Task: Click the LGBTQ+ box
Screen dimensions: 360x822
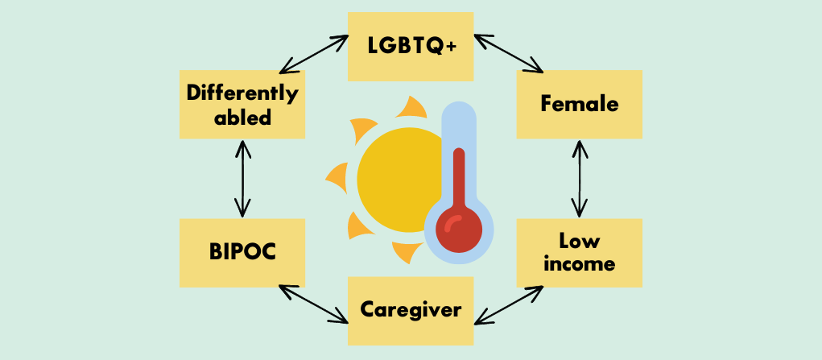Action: point(411,46)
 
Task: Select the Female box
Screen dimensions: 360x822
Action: point(579,104)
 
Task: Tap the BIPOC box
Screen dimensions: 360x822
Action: point(242,251)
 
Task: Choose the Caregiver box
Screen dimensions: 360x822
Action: point(411,310)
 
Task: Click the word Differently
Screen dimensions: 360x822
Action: point(242,93)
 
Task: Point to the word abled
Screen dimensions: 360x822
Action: point(242,117)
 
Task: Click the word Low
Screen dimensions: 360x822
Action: point(579,239)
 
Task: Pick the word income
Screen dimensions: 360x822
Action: point(579,263)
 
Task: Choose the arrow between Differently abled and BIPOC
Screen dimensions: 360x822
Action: point(242,178)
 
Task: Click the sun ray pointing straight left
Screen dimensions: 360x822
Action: point(337,175)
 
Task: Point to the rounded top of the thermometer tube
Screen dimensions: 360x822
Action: point(459,110)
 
